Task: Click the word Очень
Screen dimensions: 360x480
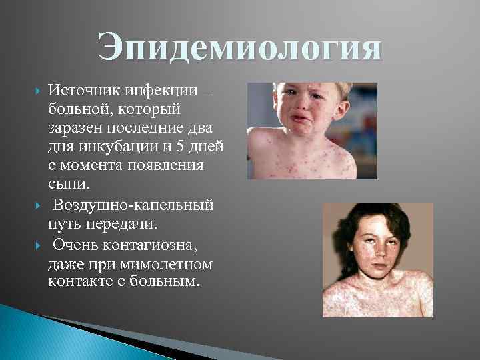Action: pyautogui.click(x=76, y=246)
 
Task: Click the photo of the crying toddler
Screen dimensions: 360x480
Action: pyautogui.click(x=312, y=131)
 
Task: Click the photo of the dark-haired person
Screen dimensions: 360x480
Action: pyautogui.click(x=377, y=260)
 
